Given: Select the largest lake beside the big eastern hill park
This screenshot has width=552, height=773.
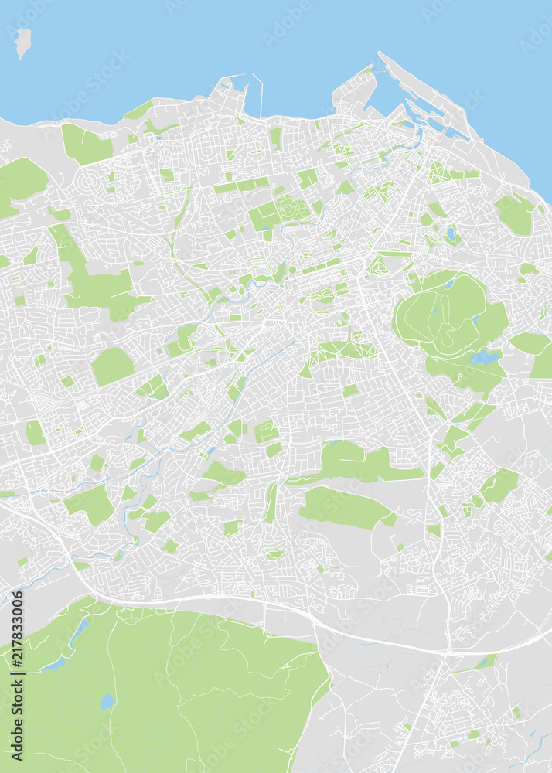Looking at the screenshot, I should pyautogui.click(x=484, y=357).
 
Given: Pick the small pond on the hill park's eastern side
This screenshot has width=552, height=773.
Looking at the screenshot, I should pyautogui.click(x=476, y=318).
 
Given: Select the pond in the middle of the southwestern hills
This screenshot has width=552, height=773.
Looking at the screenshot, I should pyautogui.click(x=107, y=701).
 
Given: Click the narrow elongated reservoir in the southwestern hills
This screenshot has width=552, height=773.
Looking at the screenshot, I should pyautogui.click(x=79, y=632).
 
